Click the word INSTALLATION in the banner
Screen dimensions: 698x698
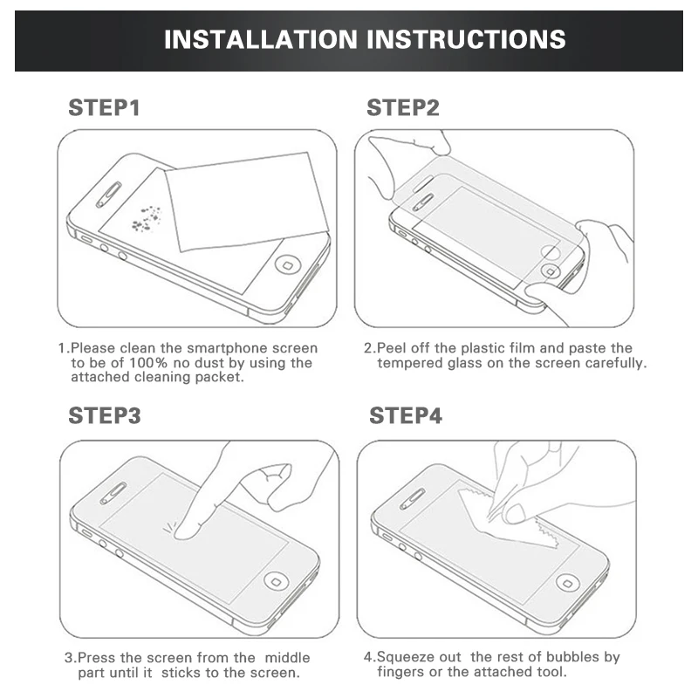260,39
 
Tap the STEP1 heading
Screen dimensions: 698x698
104,108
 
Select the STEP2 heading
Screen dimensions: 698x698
402,108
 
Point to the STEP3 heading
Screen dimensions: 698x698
104,416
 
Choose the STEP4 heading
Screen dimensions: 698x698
406,416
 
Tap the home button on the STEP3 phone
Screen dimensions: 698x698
277,579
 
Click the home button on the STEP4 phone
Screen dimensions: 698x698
569,581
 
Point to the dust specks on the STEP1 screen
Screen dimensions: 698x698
147,219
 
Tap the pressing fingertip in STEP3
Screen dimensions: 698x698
184,528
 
